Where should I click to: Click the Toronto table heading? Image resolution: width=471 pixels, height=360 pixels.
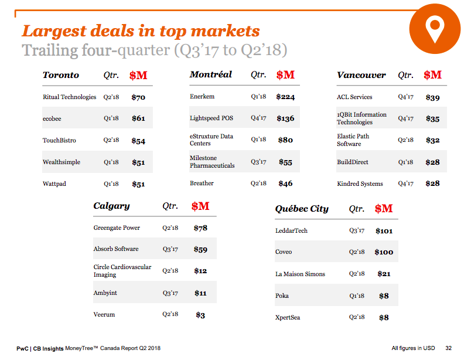click(60, 75)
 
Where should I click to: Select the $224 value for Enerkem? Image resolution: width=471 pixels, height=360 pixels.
click(285, 97)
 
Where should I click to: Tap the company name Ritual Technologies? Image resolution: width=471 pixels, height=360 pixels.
click(69, 97)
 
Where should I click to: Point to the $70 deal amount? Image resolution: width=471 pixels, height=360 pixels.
click(138, 97)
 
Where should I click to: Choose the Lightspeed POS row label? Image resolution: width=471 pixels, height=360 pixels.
click(211, 118)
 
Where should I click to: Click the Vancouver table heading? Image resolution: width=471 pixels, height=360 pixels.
click(361, 75)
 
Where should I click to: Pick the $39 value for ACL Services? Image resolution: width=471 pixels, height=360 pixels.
click(432, 97)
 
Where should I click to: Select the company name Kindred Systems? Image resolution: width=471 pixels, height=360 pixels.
click(360, 184)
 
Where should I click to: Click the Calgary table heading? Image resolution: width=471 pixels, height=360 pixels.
click(111, 206)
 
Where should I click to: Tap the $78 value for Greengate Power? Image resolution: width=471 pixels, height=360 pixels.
click(200, 227)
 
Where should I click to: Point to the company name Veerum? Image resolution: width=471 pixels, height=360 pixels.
click(104, 314)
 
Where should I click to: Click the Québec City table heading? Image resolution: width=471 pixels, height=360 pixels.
click(302, 209)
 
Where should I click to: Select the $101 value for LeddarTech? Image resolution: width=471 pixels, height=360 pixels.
click(384, 230)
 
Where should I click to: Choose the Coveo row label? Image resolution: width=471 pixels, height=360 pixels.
click(284, 252)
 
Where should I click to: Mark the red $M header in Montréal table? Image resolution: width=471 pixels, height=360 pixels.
click(285, 75)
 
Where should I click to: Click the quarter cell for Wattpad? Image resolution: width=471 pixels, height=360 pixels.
click(111, 184)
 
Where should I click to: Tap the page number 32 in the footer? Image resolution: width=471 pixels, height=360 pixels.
click(448, 348)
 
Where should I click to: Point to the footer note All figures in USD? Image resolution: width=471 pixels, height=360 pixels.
click(414, 348)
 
